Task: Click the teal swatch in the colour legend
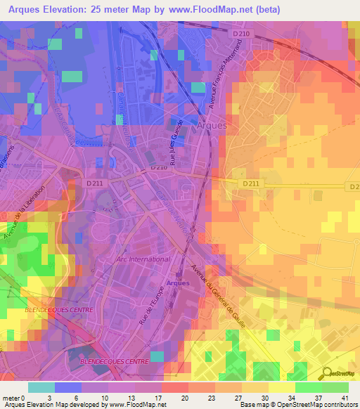pos(41,387)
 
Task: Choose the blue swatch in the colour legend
pos(68,387)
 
